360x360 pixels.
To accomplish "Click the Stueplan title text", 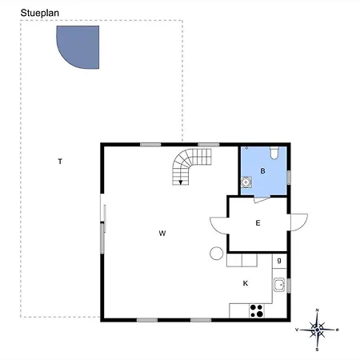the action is tap(40, 14).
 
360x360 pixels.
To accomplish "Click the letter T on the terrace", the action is tap(60, 162).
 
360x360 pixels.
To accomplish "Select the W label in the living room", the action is tap(162, 234).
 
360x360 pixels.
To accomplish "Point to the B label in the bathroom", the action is tap(262, 171).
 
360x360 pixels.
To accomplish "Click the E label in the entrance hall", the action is tap(258, 223).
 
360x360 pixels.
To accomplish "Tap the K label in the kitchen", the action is tap(246, 283).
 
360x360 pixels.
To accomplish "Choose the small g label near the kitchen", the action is tap(279, 260).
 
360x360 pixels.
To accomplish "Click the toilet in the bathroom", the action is tap(274, 153).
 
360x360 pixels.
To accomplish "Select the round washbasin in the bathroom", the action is tap(246, 182).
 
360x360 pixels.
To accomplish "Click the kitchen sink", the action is tap(279, 285).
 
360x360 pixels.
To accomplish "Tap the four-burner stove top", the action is tap(257, 310).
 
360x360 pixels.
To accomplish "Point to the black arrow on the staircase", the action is tap(181, 182).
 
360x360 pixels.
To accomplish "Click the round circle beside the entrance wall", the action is tap(216, 254).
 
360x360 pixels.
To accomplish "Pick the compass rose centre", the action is tap(317, 330).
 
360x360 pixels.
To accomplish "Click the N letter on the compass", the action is tap(317, 310).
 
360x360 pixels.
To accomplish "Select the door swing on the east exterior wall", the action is tap(299, 222).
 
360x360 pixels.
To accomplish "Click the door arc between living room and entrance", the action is tap(219, 226).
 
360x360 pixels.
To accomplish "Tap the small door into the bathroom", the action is tap(262, 200).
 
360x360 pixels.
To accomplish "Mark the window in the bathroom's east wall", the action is tap(289, 178).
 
